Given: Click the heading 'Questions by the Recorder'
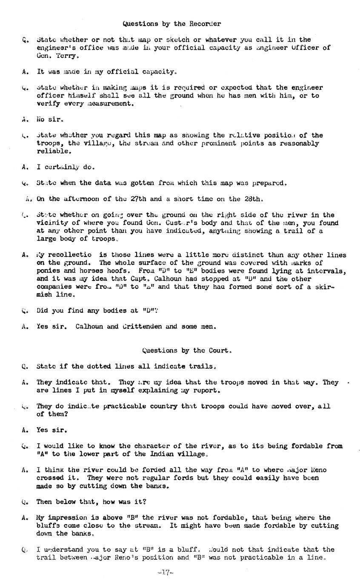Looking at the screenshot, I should click(171, 24).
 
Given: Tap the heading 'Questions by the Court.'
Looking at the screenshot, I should click(187, 350).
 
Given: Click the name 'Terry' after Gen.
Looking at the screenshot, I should click(66, 56).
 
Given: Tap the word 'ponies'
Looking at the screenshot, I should click(48, 271).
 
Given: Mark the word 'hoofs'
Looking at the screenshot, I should click(121, 271).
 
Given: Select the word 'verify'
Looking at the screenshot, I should click(48, 103).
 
